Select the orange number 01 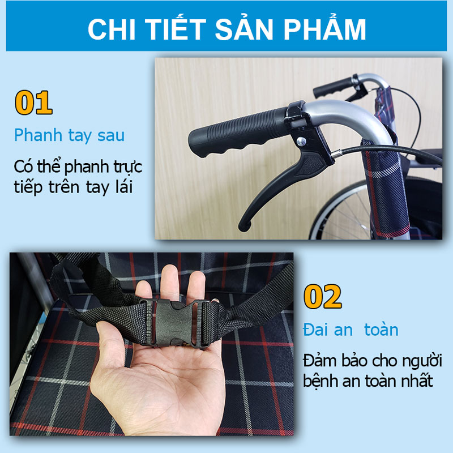click(33, 102)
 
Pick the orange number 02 click(323, 297)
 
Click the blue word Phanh click(38, 136)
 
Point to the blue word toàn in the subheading click(381, 330)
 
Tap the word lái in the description click(124, 186)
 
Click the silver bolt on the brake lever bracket click(301, 142)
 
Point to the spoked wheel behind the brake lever click(341, 211)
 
